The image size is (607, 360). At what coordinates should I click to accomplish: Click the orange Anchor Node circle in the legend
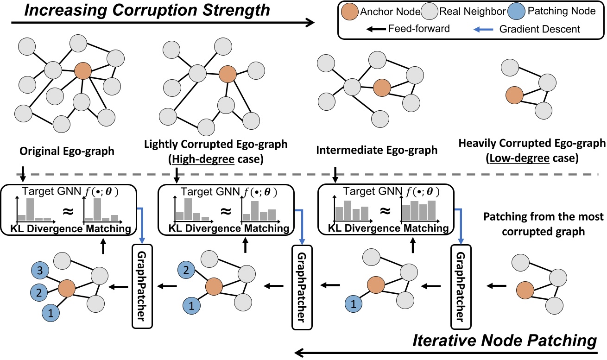(351, 11)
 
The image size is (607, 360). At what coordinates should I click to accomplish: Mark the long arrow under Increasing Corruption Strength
(162, 22)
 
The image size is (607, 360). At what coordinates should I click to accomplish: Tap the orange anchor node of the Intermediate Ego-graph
(382, 86)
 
